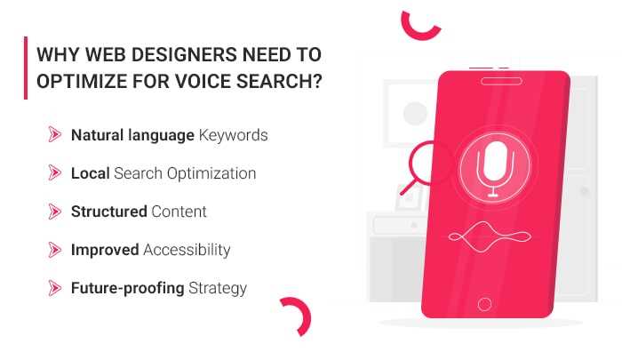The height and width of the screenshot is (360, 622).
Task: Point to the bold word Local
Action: [91, 173]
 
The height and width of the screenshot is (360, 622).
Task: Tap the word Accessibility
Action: [187, 250]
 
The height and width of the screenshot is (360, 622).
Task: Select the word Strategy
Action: [217, 288]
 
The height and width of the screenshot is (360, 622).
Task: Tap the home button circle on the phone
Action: [484, 303]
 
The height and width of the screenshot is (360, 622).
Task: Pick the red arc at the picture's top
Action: [420, 25]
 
